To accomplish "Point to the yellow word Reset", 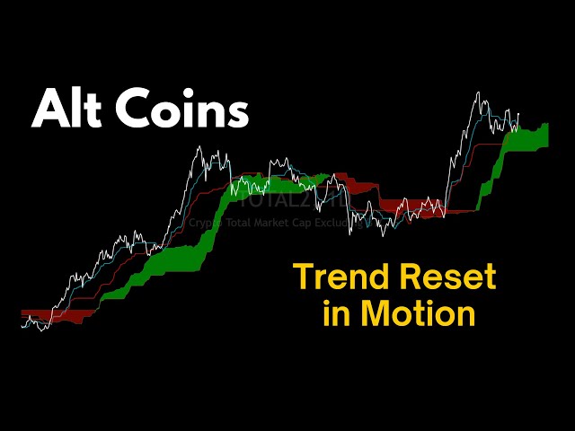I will click(x=448, y=277).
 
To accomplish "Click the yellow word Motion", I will click(x=418, y=313).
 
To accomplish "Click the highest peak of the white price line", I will click(x=477, y=92).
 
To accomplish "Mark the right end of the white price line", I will click(x=519, y=115).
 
